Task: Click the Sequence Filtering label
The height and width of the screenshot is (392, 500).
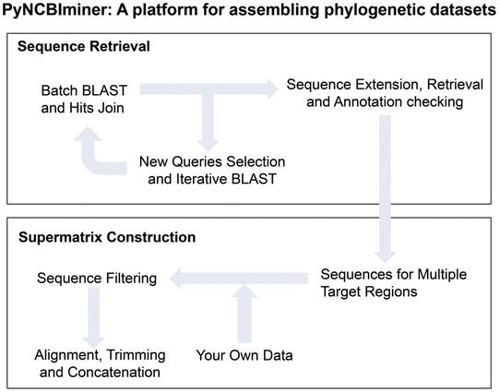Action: [x=96, y=278]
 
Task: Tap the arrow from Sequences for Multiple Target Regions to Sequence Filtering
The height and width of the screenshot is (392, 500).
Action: [x=240, y=275]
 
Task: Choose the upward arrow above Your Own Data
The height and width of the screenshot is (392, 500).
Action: [x=244, y=314]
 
